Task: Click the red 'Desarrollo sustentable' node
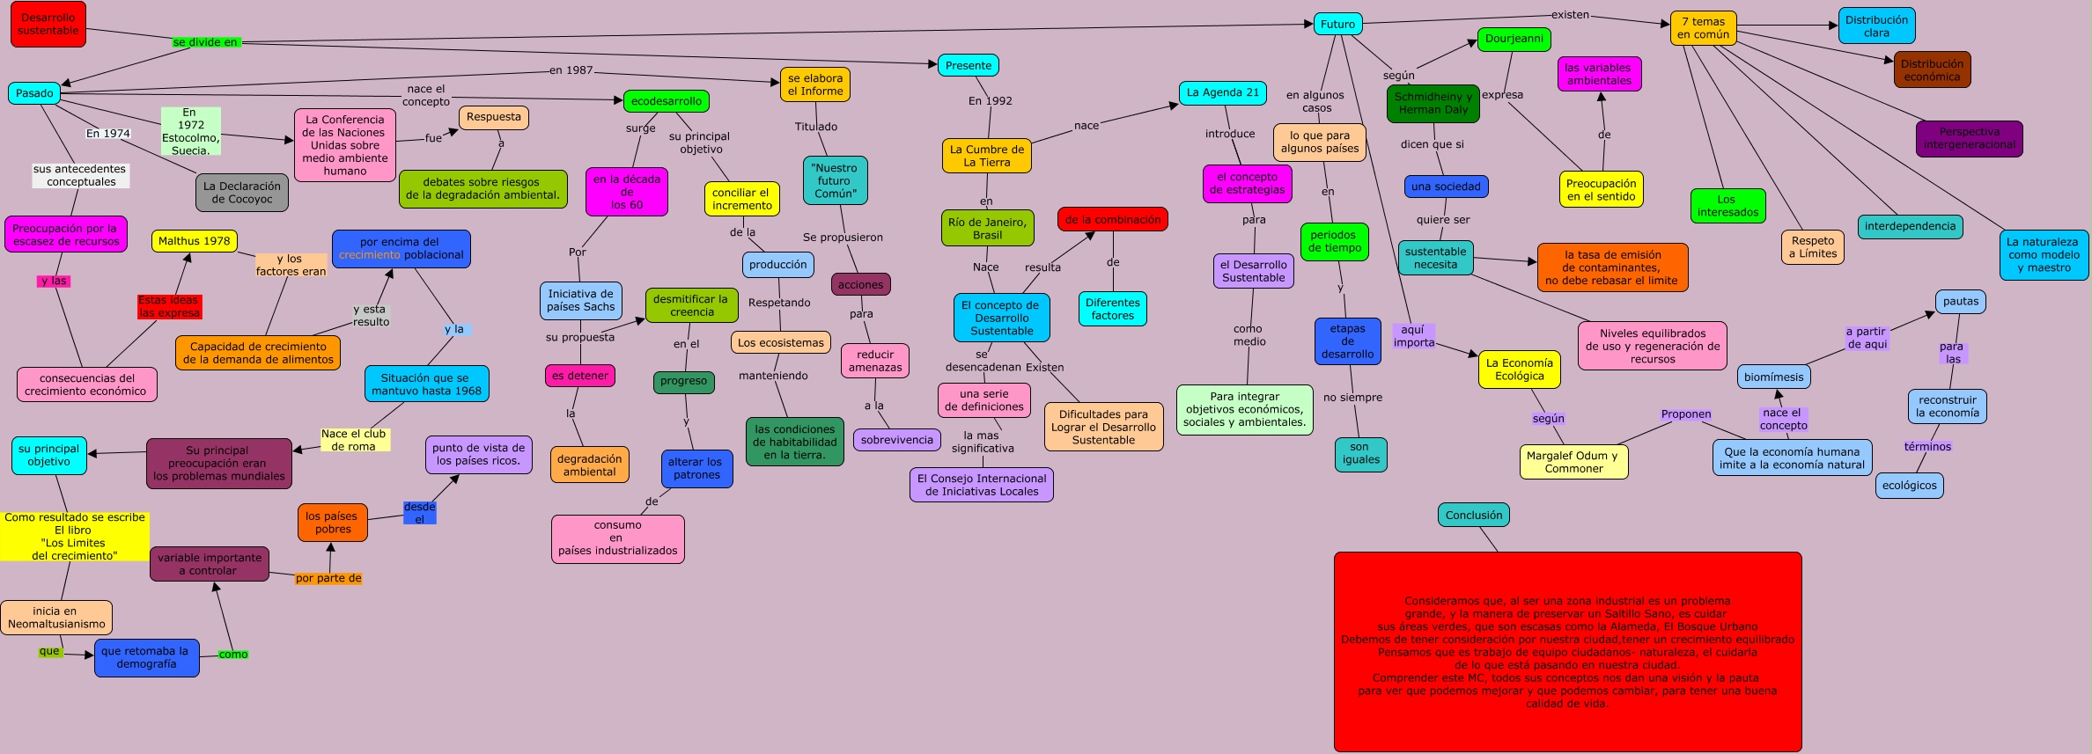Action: click(x=48, y=25)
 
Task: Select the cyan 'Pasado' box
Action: click(x=34, y=93)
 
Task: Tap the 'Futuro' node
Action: click(x=1337, y=25)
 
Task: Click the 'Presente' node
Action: click(x=968, y=66)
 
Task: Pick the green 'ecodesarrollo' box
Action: click(x=666, y=101)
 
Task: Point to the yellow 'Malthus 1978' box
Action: click(x=194, y=241)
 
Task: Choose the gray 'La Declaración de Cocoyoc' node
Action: click(x=242, y=193)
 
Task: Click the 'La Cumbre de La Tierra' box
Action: click(x=986, y=156)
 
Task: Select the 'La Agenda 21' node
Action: click(x=1222, y=92)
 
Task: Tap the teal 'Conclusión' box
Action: click(x=1473, y=516)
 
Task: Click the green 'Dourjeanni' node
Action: click(x=1514, y=39)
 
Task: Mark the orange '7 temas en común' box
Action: click(x=1703, y=28)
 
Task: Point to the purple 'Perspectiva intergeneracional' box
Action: click(x=1969, y=138)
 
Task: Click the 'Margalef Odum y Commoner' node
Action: click(x=1573, y=462)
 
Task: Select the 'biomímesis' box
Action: click(x=1773, y=377)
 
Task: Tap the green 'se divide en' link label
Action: click(x=205, y=42)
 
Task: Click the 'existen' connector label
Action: click(x=1570, y=15)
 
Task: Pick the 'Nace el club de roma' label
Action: click(x=353, y=440)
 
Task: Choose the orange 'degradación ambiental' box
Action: click(x=589, y=465)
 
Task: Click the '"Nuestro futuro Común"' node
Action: click(x=835, y=180)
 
